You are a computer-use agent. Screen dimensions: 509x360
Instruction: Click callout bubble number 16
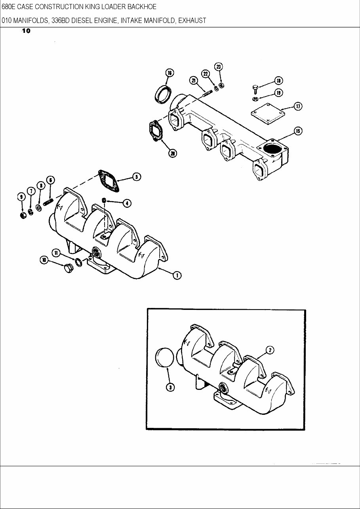(169, 73)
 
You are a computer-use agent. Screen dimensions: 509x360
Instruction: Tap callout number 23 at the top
(219, 66)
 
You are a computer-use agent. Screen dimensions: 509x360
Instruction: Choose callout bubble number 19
(279, 93)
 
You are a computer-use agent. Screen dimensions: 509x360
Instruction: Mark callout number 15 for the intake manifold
(298, 131)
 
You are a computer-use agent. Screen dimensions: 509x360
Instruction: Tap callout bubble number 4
(127, 203)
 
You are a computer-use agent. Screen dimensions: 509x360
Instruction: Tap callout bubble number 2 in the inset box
(269, 350)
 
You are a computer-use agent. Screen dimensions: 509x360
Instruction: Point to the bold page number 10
(26, 31)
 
